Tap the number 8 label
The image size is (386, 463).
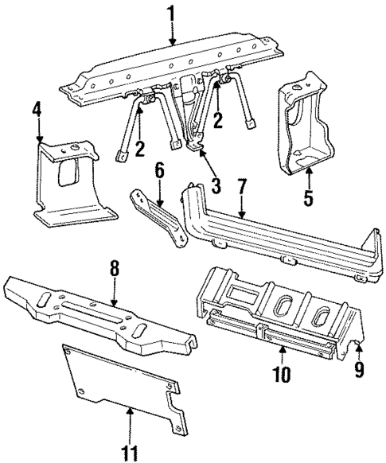pos(115,270)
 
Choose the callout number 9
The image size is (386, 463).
pos(360,368)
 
